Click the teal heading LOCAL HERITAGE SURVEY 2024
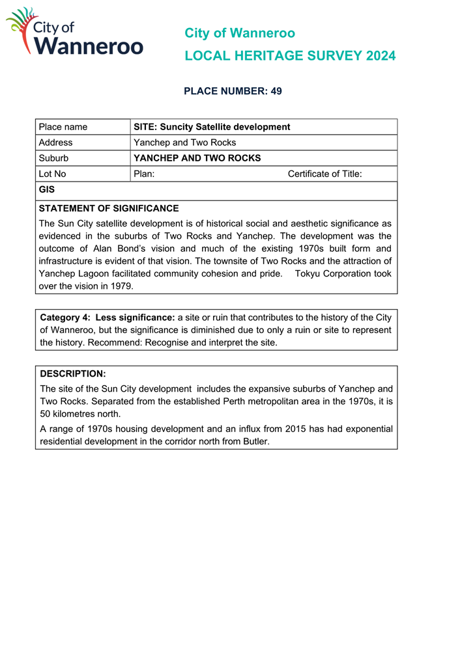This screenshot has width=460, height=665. point(290,56)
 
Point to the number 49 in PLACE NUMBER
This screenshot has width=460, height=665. point(276,91)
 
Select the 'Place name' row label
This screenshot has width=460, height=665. point(63,127)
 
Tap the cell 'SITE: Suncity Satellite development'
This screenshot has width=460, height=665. point(212,127)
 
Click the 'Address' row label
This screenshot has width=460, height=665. point(55,142)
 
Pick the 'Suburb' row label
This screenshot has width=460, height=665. point(53,158)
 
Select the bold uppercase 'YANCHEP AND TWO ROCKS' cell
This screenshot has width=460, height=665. point(197,158)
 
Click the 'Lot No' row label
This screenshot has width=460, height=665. point(52,174)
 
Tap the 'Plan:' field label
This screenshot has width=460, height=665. point(144,174)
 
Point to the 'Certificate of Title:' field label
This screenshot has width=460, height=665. point(324,174)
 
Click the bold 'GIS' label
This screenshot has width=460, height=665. point(47,190)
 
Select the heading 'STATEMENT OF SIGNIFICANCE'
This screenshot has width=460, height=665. point(109,209)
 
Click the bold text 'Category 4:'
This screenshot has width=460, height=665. point(65,318)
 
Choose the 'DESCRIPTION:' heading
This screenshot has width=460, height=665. point(72,374)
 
